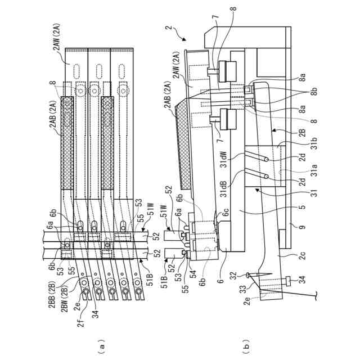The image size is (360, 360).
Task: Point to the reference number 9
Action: [303, 227]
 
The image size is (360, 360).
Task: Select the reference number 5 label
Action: [303, 207]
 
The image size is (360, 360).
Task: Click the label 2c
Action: [303, 255]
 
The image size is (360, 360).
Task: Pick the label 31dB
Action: [224, 189]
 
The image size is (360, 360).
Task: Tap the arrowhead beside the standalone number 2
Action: [184, 39]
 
